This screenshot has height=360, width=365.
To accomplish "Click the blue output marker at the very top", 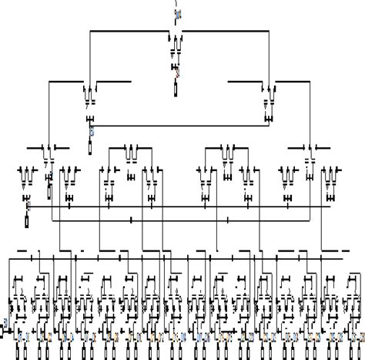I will (x=179, y=15).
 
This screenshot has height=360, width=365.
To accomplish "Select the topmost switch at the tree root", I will (x=176, y=47).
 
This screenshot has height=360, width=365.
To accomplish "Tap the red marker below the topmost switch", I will (x=176, y=74).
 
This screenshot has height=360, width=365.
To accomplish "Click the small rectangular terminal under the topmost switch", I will (x=176, y=89).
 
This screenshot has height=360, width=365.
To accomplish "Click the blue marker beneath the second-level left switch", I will (x=92, y=132).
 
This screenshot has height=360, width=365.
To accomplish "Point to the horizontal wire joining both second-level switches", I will (x=181, y=125).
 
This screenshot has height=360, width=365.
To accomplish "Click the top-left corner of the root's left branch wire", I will (x=91, y=31).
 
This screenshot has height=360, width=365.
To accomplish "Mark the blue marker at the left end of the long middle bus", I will (x=28, y=205).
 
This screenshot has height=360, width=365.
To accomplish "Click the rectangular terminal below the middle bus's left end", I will (x=28, y=220).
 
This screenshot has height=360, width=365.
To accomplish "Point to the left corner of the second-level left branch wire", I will (x=51, y=81).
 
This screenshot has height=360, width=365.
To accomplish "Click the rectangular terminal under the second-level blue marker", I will (x=91, y=146).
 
